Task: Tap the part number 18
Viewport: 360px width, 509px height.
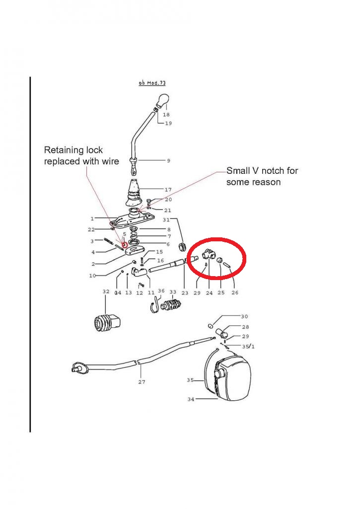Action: (x=166, y=115)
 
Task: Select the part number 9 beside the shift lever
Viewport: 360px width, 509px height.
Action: (x=168, y=160)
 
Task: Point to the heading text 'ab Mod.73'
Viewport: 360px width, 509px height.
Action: (x=152, y=83)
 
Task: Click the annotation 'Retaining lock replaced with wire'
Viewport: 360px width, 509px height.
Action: (x=81, y=155)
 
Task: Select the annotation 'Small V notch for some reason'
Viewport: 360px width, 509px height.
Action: (x=262, y=176)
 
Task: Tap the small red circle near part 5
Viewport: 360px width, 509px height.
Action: (x=125, y=244)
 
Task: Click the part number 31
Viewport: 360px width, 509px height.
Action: (x=166, y=219)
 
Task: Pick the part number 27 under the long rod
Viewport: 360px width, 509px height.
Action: (x=142, y=382)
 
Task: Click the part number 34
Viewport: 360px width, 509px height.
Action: (x=191, y=399)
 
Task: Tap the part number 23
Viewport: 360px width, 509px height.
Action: (x=185, y=293)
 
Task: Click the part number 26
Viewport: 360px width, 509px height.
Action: (x=234, y=293)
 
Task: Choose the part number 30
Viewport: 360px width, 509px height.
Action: (x=244, y=316)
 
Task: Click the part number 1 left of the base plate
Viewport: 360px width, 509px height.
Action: (x=92, y=218)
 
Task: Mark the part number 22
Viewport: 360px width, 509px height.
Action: (x=91, y=229)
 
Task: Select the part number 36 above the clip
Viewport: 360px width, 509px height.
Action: (x=161, y=291)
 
